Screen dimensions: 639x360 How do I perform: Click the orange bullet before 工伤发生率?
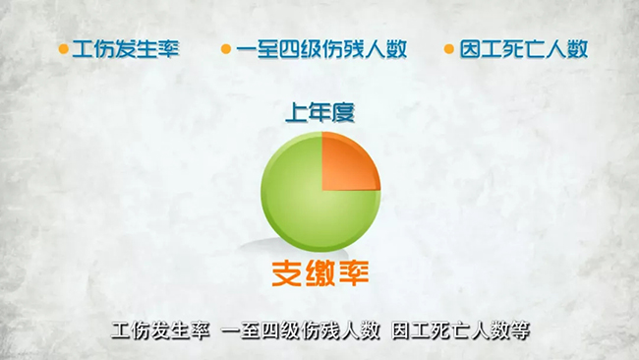coord(63,49)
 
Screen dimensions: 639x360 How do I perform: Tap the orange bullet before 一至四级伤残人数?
coord(226,49)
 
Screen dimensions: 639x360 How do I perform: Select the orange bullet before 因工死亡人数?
coord(448,49)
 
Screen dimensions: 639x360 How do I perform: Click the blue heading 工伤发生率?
coord(126,49)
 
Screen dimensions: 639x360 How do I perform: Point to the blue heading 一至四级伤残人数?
coord(321,49)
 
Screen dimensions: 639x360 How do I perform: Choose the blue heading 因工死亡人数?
coord(524,49)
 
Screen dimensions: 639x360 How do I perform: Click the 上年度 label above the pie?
coord(319,112)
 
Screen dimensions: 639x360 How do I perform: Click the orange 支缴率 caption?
coord(320,273)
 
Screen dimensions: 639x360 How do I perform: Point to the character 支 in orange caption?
coord(286,273)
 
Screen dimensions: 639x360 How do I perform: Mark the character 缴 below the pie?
coord(320,273)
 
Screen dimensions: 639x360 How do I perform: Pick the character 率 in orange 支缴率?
coord(354,273)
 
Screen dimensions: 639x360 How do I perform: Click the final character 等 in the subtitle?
coord(520,331)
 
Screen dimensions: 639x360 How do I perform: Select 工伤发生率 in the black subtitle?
coord(160,331)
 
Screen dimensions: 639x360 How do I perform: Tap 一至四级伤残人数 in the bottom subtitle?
coord(301,331)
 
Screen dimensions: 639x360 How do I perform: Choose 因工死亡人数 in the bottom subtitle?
coord(451,331)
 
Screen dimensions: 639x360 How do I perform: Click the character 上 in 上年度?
coord(297,112)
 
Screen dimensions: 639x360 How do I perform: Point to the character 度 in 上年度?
coord(343,112)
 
